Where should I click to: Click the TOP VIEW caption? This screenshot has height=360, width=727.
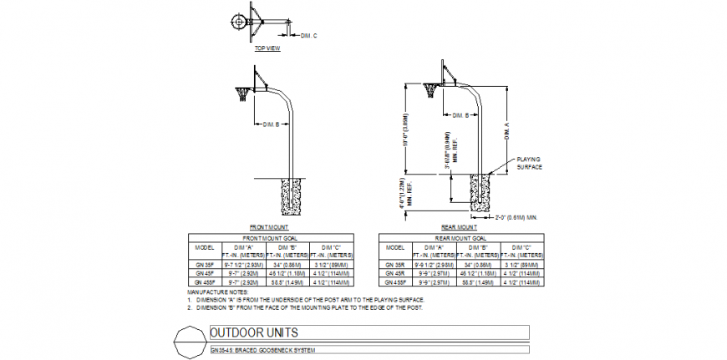(267, 48)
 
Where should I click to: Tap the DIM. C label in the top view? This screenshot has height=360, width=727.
(309, 34)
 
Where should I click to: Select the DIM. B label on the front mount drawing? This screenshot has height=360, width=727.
(271, 124)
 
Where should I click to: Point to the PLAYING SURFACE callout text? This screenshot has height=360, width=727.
(530, 162)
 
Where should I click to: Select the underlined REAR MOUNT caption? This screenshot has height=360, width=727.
(459, 227)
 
